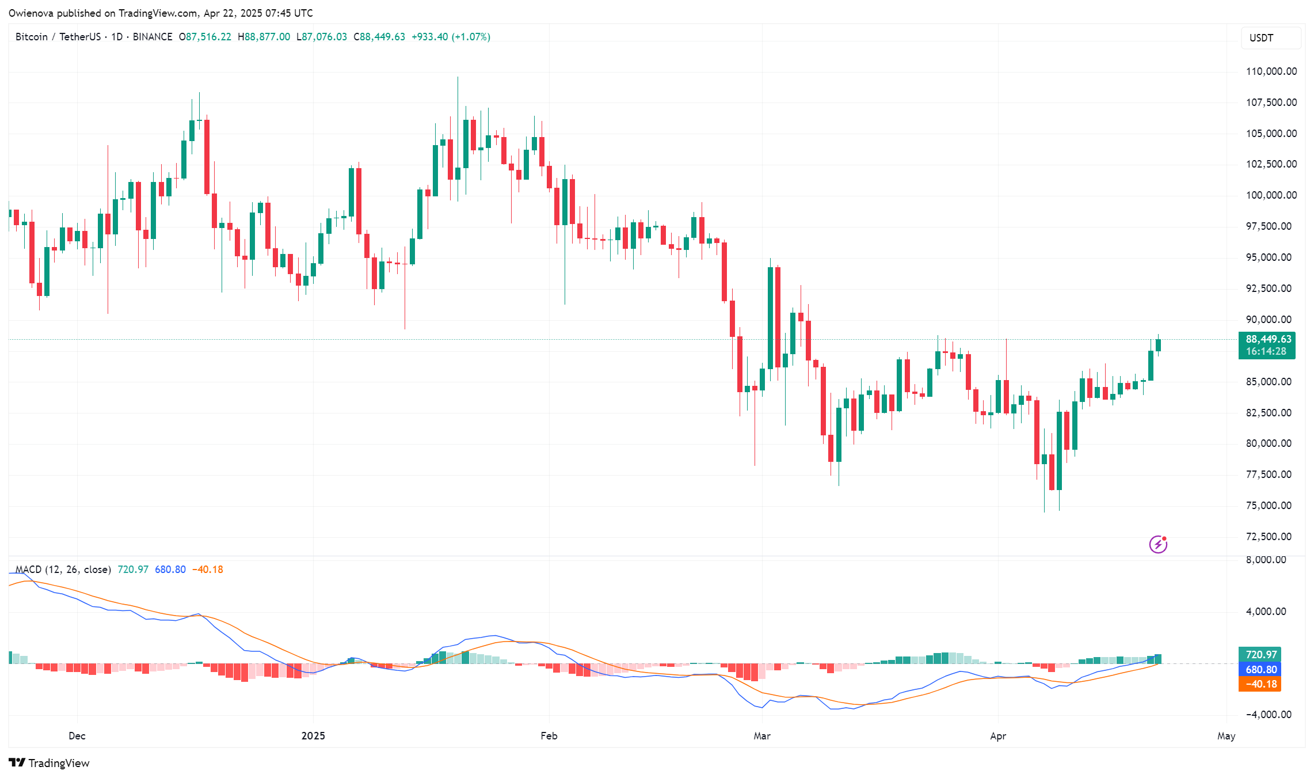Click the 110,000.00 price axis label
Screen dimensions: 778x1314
[x=1271, y=71]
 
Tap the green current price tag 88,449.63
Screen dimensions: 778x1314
[x=1268, y=339]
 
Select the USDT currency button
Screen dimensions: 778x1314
[x=1262, y=38]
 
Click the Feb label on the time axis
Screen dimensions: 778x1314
[x=549, y=735]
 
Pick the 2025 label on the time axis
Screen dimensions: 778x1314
[x=313, y=735]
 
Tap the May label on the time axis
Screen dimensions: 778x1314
[x=1226, y=735]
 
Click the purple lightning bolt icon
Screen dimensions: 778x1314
[x=1158, y=544]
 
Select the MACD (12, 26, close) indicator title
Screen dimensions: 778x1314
[x=63, y=570]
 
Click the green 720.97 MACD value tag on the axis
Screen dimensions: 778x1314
[x=1260, y=655]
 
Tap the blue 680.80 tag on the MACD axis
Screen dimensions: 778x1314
[x=1260, y=670]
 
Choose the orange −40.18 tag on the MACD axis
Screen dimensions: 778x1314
[x=1260, y=684]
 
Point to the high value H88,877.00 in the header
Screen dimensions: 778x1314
[x=264, y=37]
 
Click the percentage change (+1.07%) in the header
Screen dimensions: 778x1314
[x=471, y=37]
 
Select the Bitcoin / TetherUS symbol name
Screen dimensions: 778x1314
[x=58, y=37]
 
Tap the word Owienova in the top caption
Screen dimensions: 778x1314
[x=31, y=13]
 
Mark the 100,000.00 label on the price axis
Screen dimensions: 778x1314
[x=1271, y=195]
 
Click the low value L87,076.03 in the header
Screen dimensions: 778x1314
[x=322, y=37]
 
